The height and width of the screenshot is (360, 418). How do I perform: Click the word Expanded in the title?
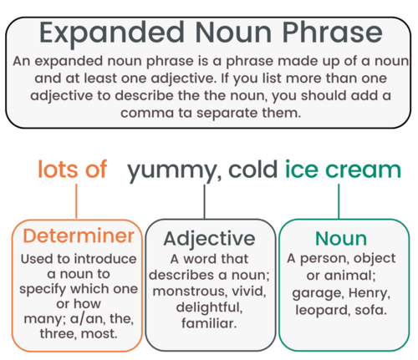110,33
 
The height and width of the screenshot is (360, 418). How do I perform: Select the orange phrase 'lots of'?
72,170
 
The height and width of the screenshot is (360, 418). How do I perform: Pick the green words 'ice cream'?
343,170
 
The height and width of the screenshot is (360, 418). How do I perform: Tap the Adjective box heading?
209,239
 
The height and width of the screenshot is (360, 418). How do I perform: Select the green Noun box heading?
339,239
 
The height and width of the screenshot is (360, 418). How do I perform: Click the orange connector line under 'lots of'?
76,200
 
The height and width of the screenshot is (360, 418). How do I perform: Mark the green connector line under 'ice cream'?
339,200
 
